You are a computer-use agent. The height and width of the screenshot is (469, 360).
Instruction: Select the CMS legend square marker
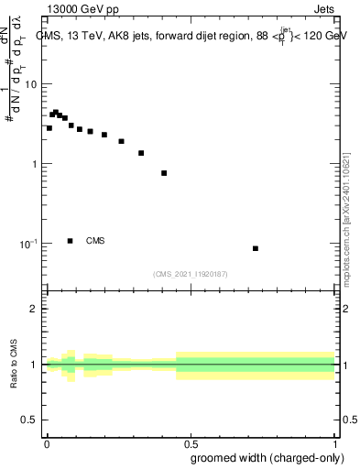71,241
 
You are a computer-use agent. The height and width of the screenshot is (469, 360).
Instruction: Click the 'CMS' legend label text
95,241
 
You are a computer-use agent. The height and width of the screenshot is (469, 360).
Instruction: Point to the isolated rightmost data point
256,248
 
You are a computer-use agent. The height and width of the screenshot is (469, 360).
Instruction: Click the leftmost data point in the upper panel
49,128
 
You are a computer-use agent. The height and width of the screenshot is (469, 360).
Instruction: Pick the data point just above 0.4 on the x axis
164,173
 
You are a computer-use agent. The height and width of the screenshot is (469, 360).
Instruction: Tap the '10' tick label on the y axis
31,84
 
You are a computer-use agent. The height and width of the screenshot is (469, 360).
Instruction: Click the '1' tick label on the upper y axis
35,164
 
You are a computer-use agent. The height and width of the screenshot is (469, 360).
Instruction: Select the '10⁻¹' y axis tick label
29,244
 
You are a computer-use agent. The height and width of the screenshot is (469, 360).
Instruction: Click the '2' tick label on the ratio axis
35,310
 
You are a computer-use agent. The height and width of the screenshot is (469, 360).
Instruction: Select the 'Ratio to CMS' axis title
14,365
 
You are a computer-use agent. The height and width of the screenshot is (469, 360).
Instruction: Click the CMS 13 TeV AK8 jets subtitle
192,37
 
